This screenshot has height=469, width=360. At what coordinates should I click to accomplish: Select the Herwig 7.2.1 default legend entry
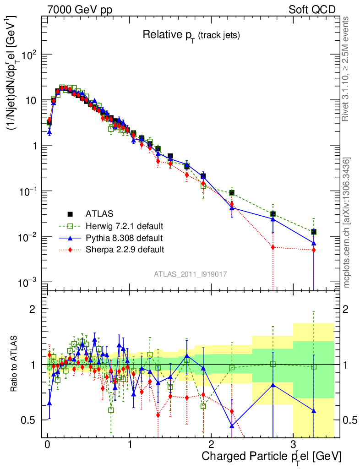pos(124,226)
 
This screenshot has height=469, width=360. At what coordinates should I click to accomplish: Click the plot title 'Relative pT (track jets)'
pos(191,35)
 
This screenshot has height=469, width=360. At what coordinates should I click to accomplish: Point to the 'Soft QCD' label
pos(312,9)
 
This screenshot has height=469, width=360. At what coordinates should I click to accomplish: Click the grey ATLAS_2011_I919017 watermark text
pos(191,274)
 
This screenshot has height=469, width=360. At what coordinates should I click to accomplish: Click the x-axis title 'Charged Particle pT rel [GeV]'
pos(271,456)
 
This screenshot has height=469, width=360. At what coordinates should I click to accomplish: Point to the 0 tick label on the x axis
pos(47,443)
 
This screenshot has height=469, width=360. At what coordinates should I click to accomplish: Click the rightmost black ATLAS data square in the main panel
pos(314,232)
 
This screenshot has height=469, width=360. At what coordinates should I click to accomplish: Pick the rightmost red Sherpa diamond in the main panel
pos(314,250)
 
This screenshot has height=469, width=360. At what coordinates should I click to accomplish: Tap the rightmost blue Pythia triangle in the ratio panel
pos(314,411)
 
